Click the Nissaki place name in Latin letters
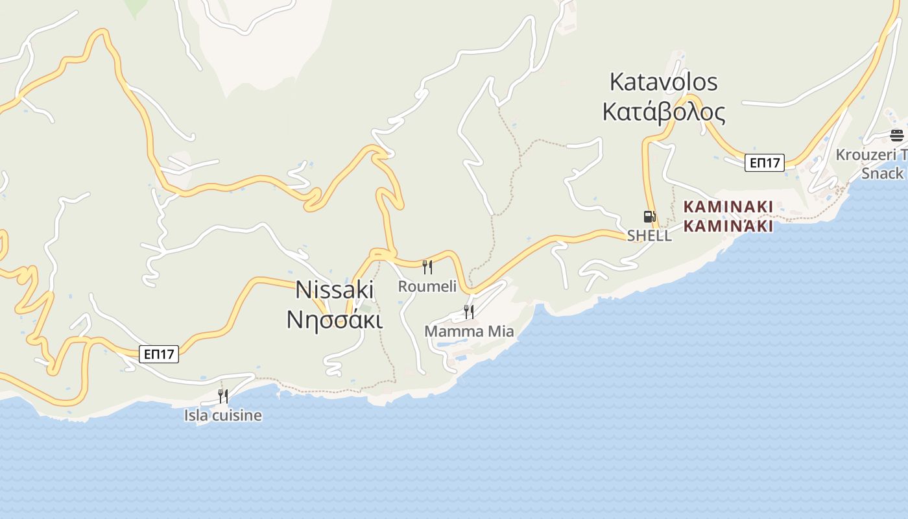point(335,289)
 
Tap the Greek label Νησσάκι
point(335,319)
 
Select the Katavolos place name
point(663,82)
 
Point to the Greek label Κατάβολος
point(663,112)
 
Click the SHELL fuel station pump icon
point(649,217)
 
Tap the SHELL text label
point(649,236)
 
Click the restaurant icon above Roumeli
point(427,267)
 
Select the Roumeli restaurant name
point(427,286)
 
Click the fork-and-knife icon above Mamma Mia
point(468,312)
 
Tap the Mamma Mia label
point(469,332)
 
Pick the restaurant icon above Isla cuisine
point(223,396)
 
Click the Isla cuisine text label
point(223,415)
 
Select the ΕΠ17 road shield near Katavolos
point(764,162)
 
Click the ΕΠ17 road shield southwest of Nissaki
point(159,354)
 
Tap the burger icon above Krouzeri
point(896,136)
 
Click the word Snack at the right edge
point(882,173)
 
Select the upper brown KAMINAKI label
point(728,207)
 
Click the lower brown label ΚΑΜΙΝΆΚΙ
point(728,226)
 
